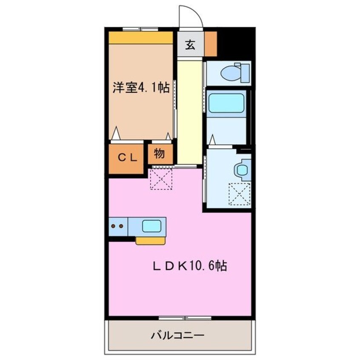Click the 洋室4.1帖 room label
(x=140, y=88)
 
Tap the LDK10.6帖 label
(x=189, y=266)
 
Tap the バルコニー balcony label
(x=178, y=335)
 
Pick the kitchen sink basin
(x=151, y=226)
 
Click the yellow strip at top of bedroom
(x=140, y=37)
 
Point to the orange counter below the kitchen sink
(x=150, y=241)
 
